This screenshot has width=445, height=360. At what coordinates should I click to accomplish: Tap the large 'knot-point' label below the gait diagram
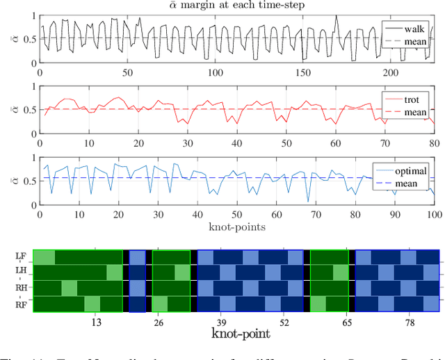pyautogui.click(x=241, y=333)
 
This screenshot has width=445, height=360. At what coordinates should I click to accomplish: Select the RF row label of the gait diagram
pyautogui.click(x=21, y=304)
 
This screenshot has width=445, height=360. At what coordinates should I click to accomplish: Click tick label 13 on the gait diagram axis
pyautogui.click(x=97, y=322)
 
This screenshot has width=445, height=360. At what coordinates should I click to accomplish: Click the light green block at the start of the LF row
pyautogui.click(x=44, y=256)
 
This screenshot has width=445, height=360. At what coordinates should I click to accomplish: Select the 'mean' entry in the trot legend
pyautogui.click(x=416, y=113)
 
